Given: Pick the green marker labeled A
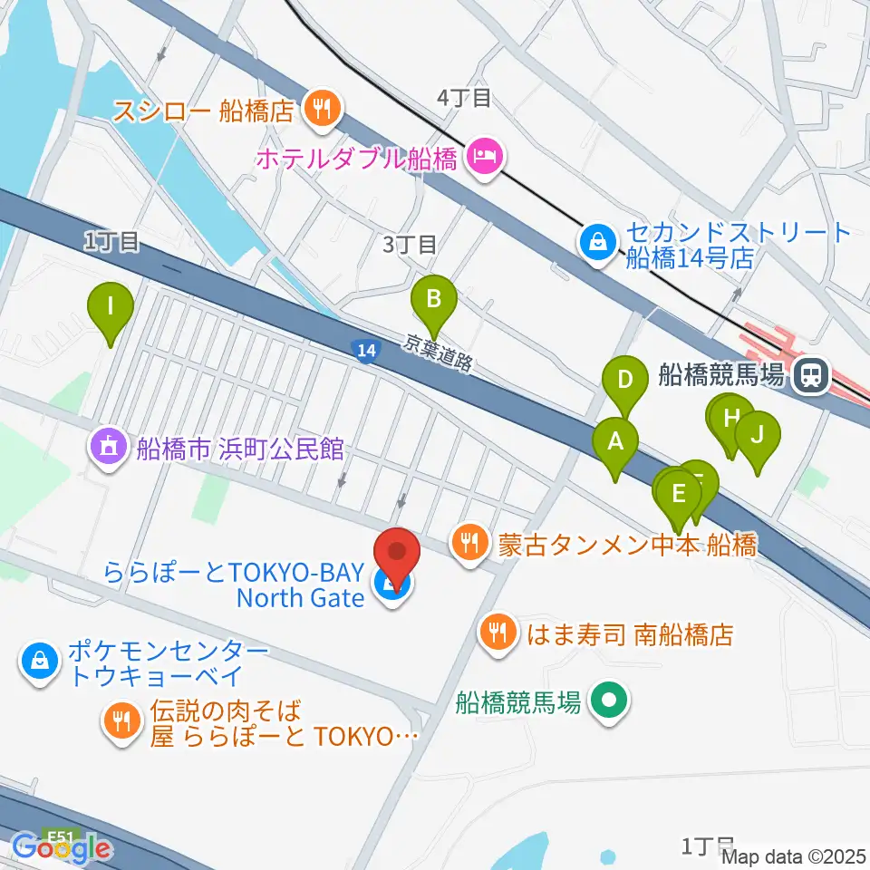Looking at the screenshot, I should click(615, 444).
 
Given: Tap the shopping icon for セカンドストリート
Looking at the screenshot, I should click(598, 243).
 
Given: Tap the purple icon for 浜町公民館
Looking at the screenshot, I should click(109, 447).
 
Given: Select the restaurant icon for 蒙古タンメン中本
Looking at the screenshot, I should click(469, 544).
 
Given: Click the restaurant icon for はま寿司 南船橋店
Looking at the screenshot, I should click(498, 632).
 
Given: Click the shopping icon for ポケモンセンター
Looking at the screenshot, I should click(38, 662).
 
